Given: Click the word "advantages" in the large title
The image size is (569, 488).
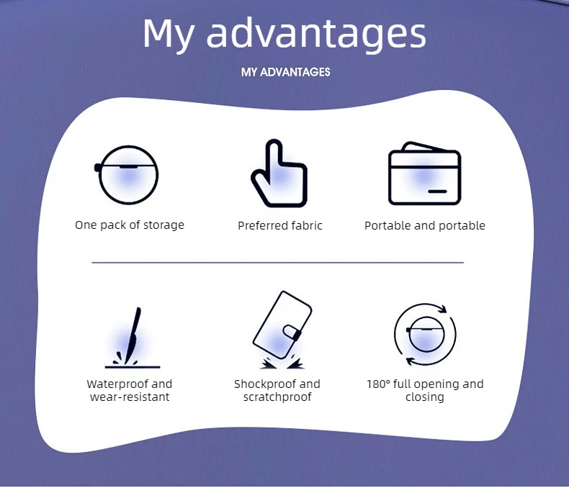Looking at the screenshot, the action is (316, 34).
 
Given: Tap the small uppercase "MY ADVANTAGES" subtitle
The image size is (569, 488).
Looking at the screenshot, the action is (286, 72).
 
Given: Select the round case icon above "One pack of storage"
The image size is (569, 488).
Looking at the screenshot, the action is (127, 175).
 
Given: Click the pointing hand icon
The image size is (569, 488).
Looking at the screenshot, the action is (279, 173).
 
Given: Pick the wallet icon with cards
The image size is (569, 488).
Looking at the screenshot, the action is (424, 173).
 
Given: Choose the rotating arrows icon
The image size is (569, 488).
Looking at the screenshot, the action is (425, 334).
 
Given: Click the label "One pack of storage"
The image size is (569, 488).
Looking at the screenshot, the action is (130, 225).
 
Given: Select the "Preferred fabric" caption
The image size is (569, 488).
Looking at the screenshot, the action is (279, 225).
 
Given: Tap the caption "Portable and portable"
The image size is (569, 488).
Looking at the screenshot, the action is (424, 225).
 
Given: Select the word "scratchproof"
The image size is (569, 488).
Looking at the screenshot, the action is (277, 397).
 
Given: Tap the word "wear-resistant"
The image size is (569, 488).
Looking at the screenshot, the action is (130, 397).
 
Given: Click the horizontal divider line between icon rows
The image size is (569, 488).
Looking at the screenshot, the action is (277, 262).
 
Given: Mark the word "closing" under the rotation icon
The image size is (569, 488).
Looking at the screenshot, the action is (424, 397).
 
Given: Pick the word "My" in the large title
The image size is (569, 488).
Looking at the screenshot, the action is (169, 35).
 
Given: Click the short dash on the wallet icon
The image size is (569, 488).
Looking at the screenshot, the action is (437, 191).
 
